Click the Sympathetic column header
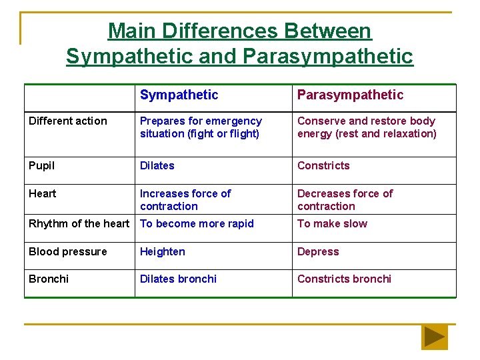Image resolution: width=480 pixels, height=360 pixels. click(179, 95)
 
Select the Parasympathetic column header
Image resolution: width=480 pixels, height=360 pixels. click(350, 95)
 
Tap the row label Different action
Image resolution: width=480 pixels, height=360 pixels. click(67, 121)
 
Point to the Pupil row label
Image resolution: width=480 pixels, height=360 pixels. click(41, 165)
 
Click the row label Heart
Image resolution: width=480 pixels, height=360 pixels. click(42, 193)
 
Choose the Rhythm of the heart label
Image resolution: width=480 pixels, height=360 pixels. click(79, 223)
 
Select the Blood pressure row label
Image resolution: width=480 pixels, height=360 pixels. click(67, 251)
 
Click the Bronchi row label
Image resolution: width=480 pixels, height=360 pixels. click(48, 279)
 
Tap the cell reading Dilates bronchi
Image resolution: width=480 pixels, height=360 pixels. click(178, 279)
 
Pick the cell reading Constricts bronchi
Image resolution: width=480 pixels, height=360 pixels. click(344, 279)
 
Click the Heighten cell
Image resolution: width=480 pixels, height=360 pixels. click(163, 251)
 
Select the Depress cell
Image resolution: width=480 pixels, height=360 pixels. click(318, 251)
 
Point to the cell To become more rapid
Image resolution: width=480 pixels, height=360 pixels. click(197, 223)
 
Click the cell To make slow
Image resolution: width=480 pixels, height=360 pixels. click(332, 223)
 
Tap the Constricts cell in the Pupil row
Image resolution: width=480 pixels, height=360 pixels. click(323, 165)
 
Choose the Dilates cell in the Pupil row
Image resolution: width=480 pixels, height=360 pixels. click(157, 165)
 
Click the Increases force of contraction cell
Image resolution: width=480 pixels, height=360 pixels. click(185, 199)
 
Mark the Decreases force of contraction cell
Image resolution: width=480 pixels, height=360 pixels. click(345, 199)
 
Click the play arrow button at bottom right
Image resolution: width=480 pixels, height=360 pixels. click(435, 337)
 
